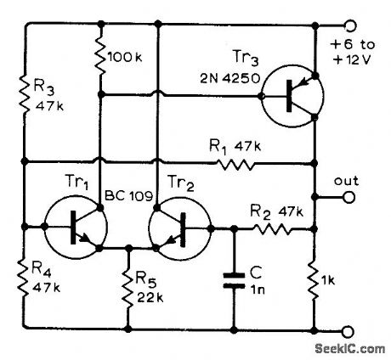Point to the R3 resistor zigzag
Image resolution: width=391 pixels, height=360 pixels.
(25, 94)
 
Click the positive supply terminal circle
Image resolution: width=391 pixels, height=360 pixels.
(347, 25)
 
